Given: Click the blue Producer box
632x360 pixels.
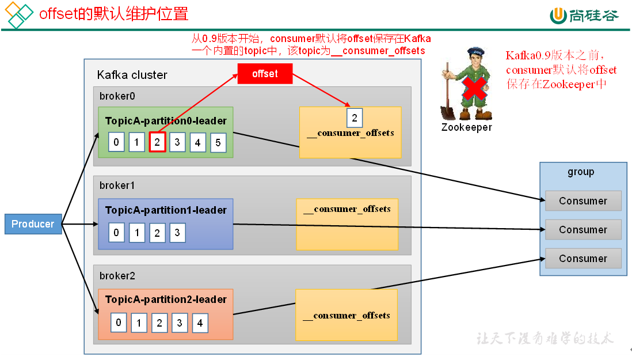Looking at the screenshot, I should coord(33,224).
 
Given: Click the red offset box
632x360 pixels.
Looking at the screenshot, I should coord(265,74).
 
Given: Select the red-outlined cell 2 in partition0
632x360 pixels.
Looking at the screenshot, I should coord(157,142).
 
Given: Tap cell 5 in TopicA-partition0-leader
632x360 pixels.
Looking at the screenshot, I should coord(218,142).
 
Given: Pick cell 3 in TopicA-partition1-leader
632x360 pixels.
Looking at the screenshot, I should coord(177,233).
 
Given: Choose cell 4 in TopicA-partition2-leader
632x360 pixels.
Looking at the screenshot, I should coord(200,323).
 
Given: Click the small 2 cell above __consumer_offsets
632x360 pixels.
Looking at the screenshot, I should coord(355,119).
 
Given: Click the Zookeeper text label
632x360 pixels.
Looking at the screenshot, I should coord(466,127).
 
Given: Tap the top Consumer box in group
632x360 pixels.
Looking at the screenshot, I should coord(582,201).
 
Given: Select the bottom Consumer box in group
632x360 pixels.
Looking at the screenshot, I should coord(582,259).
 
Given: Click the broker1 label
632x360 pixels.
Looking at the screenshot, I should coord(117,185).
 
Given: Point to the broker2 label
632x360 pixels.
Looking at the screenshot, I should coord(117,276).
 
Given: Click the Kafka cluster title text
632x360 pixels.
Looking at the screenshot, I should coord(132,75).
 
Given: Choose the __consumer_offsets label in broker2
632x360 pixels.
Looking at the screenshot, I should coord(347,316).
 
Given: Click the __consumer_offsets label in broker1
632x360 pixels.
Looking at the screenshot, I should coord(347,209).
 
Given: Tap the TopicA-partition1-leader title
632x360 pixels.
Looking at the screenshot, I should coord(166,210).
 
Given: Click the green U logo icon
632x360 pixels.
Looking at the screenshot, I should coord(558,16).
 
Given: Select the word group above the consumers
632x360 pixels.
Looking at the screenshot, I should coord(580,172).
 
